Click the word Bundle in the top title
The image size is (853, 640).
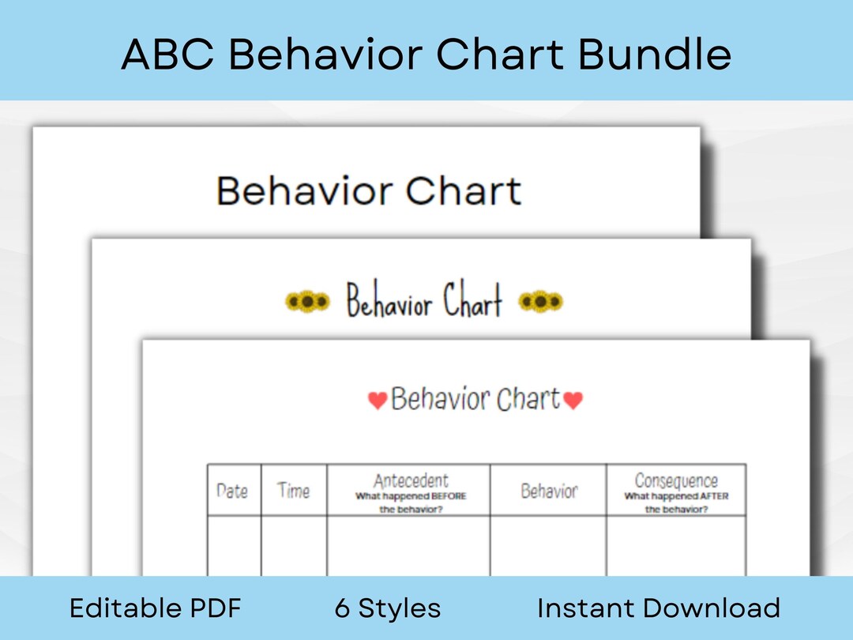click(x=654, y=55)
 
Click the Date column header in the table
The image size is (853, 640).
click(x=232, y=491)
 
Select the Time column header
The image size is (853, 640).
click(x=293, y=491)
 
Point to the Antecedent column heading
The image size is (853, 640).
click(x=411, y=480)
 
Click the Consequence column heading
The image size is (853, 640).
click(x=676, y=480)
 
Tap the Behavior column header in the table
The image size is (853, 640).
click(x=549, y=491)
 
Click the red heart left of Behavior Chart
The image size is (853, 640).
click(x=378, y=401)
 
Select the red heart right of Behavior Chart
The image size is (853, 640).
click(x=573, y=401)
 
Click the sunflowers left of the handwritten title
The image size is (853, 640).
click(x=306, y=301)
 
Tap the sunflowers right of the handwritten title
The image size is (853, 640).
click(x=540, y=301)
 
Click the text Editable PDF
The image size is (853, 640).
click(x=156, y=608)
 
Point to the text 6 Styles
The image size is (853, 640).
click(x=388, y=608)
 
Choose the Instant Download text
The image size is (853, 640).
click(x=659, y=608)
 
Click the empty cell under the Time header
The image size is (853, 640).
click(x=293, y=545)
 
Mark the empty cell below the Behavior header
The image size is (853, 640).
click(x=548, y=545)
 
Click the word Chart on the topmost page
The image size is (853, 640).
click(x=464, y=191)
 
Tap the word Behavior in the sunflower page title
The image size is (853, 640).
click(x=389, y=303)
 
